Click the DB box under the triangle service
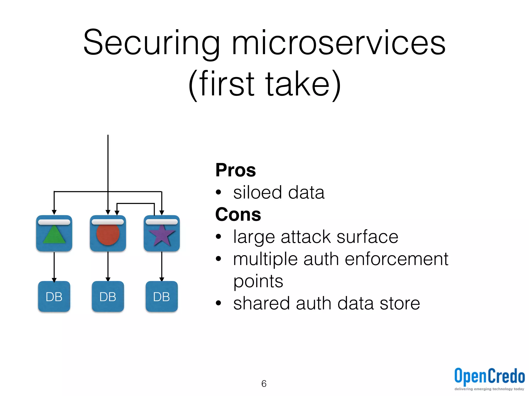54,296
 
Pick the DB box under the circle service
108,296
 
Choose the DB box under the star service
162,296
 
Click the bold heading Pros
236,170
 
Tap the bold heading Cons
238,214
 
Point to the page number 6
264,384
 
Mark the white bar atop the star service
162,222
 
